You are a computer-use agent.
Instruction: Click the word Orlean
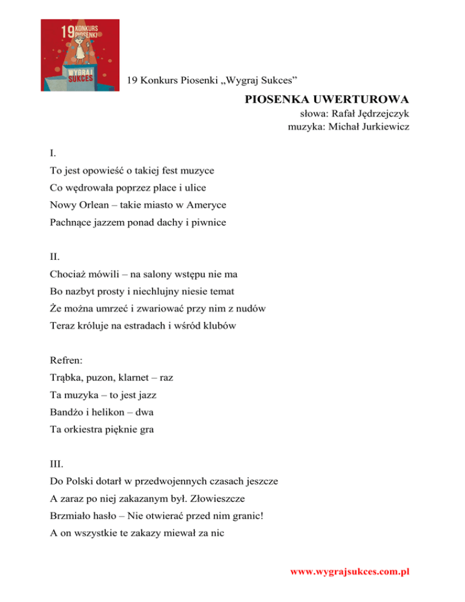click(93, 205)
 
